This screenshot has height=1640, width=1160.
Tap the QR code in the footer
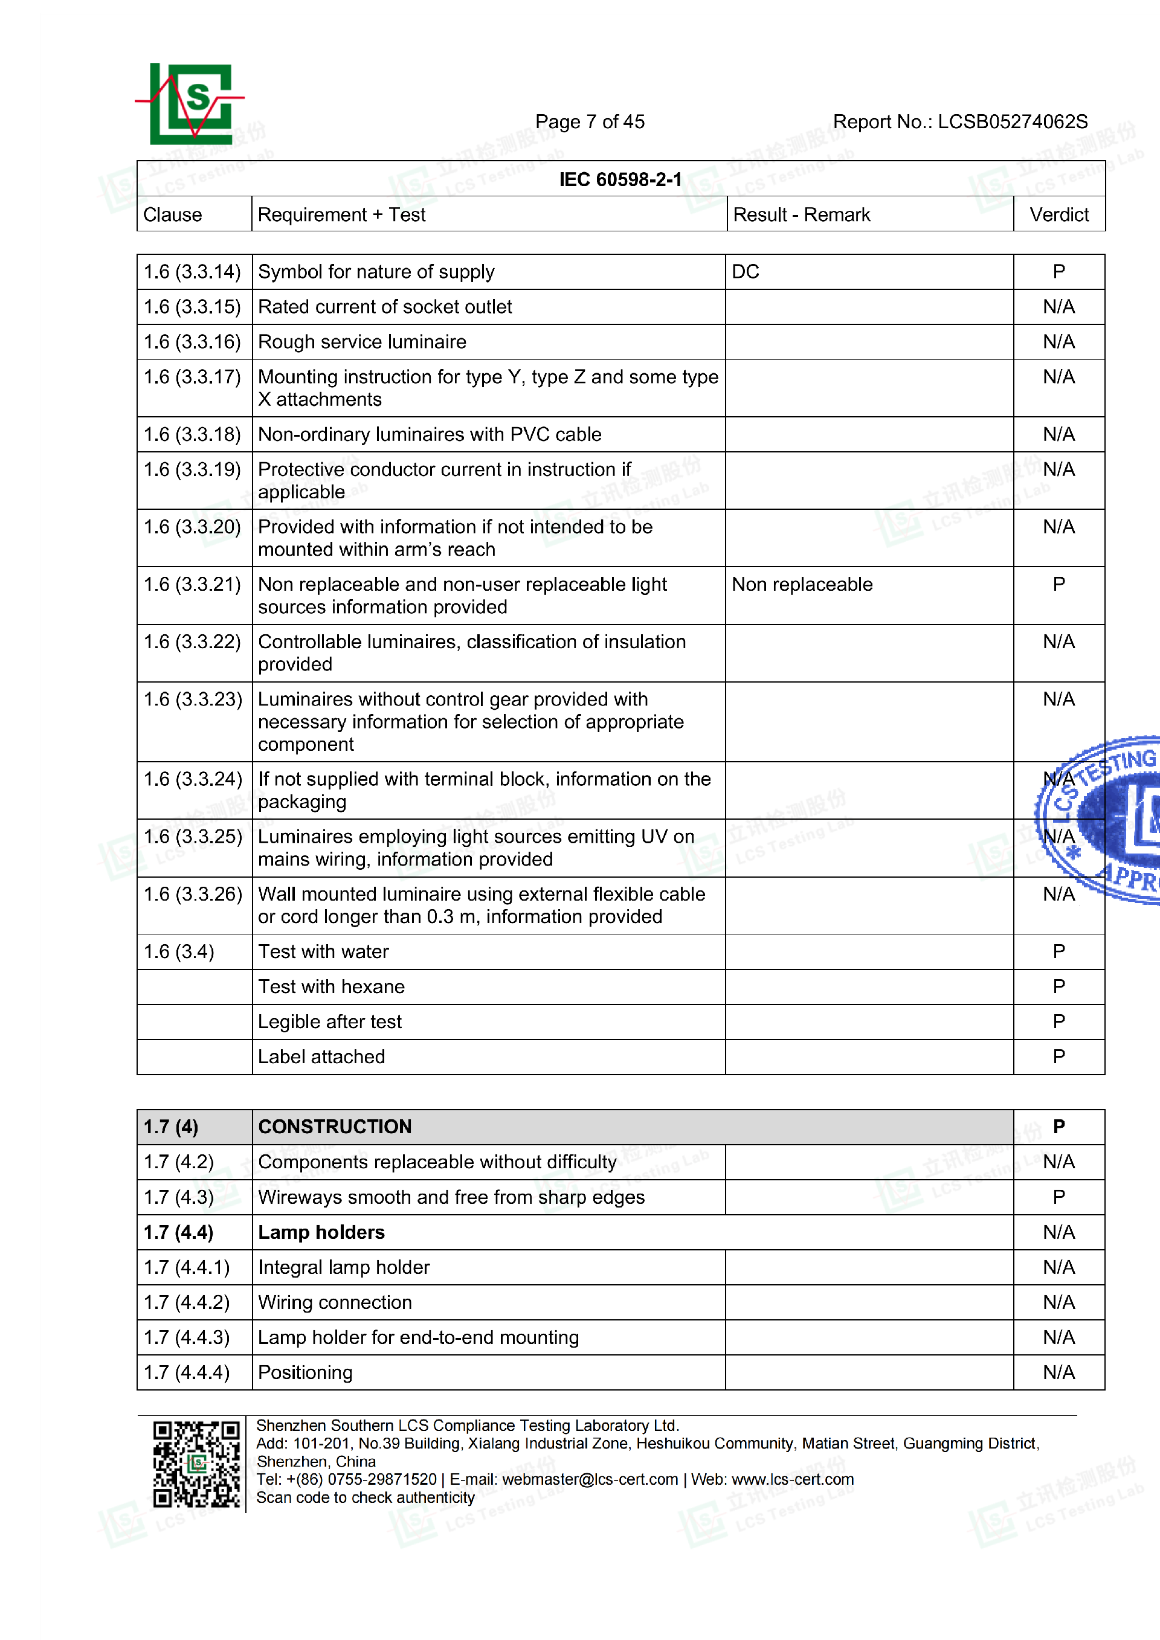click(x=196, y=1464)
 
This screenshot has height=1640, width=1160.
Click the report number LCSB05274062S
click(x=1012, y=122)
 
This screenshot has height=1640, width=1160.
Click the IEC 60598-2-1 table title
click(x=620, y=179)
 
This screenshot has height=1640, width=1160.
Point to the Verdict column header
click(x=1058, y=215)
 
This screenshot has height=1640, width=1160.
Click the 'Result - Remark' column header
click(x=802, y=215)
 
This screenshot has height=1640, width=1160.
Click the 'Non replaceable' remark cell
click(x=802, y=585)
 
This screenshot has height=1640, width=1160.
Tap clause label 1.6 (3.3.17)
click(x=193, y=377)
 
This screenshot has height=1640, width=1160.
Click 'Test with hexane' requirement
click(x=332, y=987)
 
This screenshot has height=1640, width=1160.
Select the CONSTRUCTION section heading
click(x=335, y=1127)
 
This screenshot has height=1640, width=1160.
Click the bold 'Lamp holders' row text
click(x=321, y=1233)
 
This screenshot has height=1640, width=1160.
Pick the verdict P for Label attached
click(x=1058, y=1057)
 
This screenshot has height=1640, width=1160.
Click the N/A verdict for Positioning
click(x=1058, y=1373)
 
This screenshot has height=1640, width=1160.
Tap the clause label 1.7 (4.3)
click(x=179, y=1198)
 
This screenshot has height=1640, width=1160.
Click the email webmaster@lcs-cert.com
click(x=590, y=1479)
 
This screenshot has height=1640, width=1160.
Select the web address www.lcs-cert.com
click(x=792, y=1479)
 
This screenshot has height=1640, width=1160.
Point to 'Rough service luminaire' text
click(x=362, y=342)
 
